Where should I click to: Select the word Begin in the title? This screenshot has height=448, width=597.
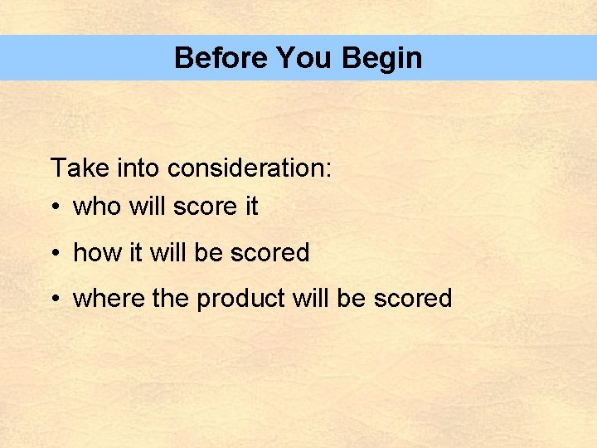[381, 58]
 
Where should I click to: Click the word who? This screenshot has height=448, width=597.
[97, 207]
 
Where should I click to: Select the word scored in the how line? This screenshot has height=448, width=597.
[270, 253]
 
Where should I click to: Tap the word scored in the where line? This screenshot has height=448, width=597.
[413, 299]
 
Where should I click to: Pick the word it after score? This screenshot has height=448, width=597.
[250, 207]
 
